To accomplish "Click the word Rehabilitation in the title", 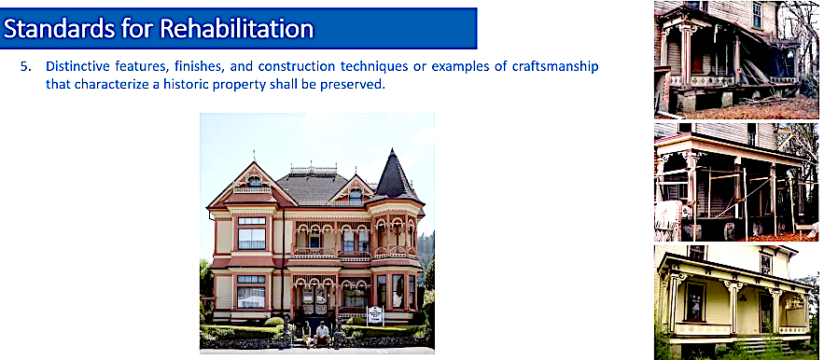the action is click(x=237, y=28).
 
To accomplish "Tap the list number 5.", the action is click(x=24, y=67).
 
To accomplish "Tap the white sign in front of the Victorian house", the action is click(x=375, y=315).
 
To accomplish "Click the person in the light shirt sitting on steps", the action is click(x=322, y=334).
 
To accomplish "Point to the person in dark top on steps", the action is click(x=306, y=334).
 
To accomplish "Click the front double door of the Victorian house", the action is click(x=314, y=299).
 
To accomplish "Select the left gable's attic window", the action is click(x=254, y=182).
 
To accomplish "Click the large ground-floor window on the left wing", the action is click(x=252, y=292).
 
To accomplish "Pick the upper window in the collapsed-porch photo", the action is click(x=757, y=15).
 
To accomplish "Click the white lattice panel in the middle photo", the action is click(x=667, y=220).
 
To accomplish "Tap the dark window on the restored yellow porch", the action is click(x=694, y=301).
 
